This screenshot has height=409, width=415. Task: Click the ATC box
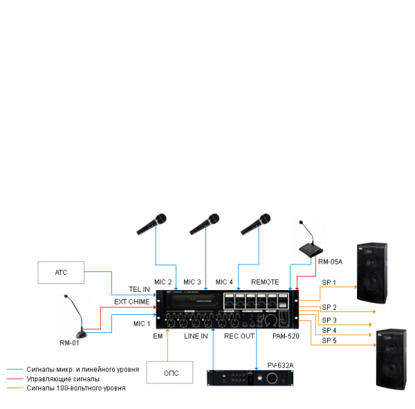pyautogui.click(x=61, y=272)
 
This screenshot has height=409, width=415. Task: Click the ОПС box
pyautogui.click(x=171, y=373)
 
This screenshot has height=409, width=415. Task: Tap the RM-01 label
pyautogui.click(x=68, y=343)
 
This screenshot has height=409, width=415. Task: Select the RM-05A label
pyautogui.click(x=330, y=262)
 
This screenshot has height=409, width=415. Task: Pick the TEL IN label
pyautogui.click(x=138, y=289)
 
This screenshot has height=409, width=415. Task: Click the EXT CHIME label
pyautogui.click(x=131, y=302)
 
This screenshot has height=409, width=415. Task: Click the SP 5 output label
pyautogui.click(x=329, y=340)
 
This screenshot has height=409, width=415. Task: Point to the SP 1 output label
pyautogui.click(x=329, y=282)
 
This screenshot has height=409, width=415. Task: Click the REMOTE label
pyautogui.click(x=265, y=282)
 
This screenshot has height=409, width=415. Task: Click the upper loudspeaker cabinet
pyautogui.click(x=371, y=271)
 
